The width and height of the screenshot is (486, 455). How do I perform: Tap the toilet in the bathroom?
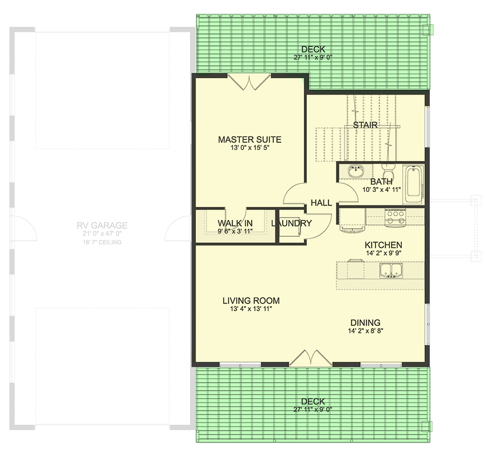387,170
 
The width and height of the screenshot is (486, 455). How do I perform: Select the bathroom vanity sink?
356,172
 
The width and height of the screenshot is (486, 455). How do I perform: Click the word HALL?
321,203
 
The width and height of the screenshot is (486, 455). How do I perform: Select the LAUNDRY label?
292,223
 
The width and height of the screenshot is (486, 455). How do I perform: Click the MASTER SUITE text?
249,139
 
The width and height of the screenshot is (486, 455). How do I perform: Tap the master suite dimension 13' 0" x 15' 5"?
249,149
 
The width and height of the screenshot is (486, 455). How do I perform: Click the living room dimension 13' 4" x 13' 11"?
251,309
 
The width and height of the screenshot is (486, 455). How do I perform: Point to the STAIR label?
365,125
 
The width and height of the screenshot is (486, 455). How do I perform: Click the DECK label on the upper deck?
313,50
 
